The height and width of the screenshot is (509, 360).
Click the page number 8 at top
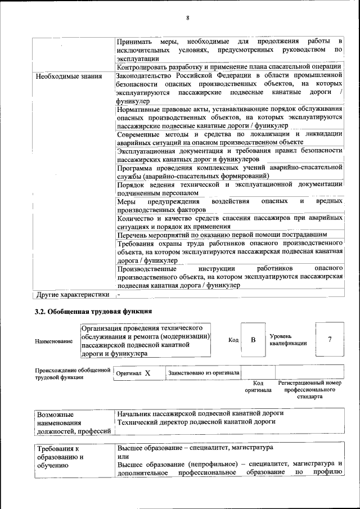187,18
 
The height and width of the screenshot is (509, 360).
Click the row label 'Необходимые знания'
68,76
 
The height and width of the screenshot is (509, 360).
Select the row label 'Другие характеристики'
72,294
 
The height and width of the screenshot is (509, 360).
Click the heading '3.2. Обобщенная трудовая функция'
93,311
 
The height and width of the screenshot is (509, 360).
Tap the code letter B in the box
253,340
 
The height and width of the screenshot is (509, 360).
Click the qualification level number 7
330,339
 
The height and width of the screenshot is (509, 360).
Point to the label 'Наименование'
53,341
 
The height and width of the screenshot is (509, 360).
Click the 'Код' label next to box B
233,340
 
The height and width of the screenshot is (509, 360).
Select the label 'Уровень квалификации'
288,339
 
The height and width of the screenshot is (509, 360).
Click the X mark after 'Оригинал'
147,373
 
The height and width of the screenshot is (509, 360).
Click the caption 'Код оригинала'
258,386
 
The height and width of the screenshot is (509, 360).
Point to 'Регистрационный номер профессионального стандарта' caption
309,389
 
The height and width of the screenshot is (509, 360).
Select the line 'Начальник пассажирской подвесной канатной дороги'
200,413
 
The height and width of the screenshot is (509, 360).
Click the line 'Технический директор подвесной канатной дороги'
196,422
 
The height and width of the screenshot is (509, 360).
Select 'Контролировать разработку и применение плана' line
229,67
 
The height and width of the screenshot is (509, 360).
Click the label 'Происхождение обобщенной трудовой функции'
72,373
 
